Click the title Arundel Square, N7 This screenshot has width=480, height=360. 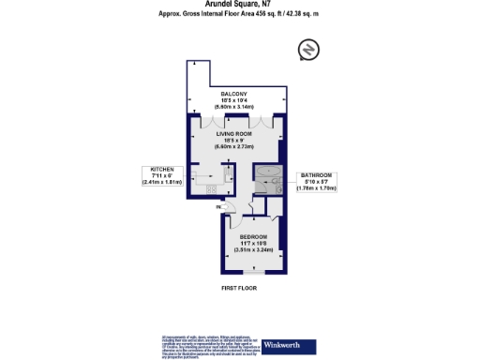click(239, 5)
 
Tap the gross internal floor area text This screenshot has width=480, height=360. click(239, 16)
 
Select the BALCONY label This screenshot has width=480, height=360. click(233, 96)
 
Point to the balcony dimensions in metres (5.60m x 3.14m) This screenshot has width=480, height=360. click(233, 108)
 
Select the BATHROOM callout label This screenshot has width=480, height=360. click(317, 175)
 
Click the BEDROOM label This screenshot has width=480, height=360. click(253, 236)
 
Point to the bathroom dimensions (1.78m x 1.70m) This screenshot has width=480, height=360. click(317, 188)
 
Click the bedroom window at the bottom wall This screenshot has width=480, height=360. click(251, 272)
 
